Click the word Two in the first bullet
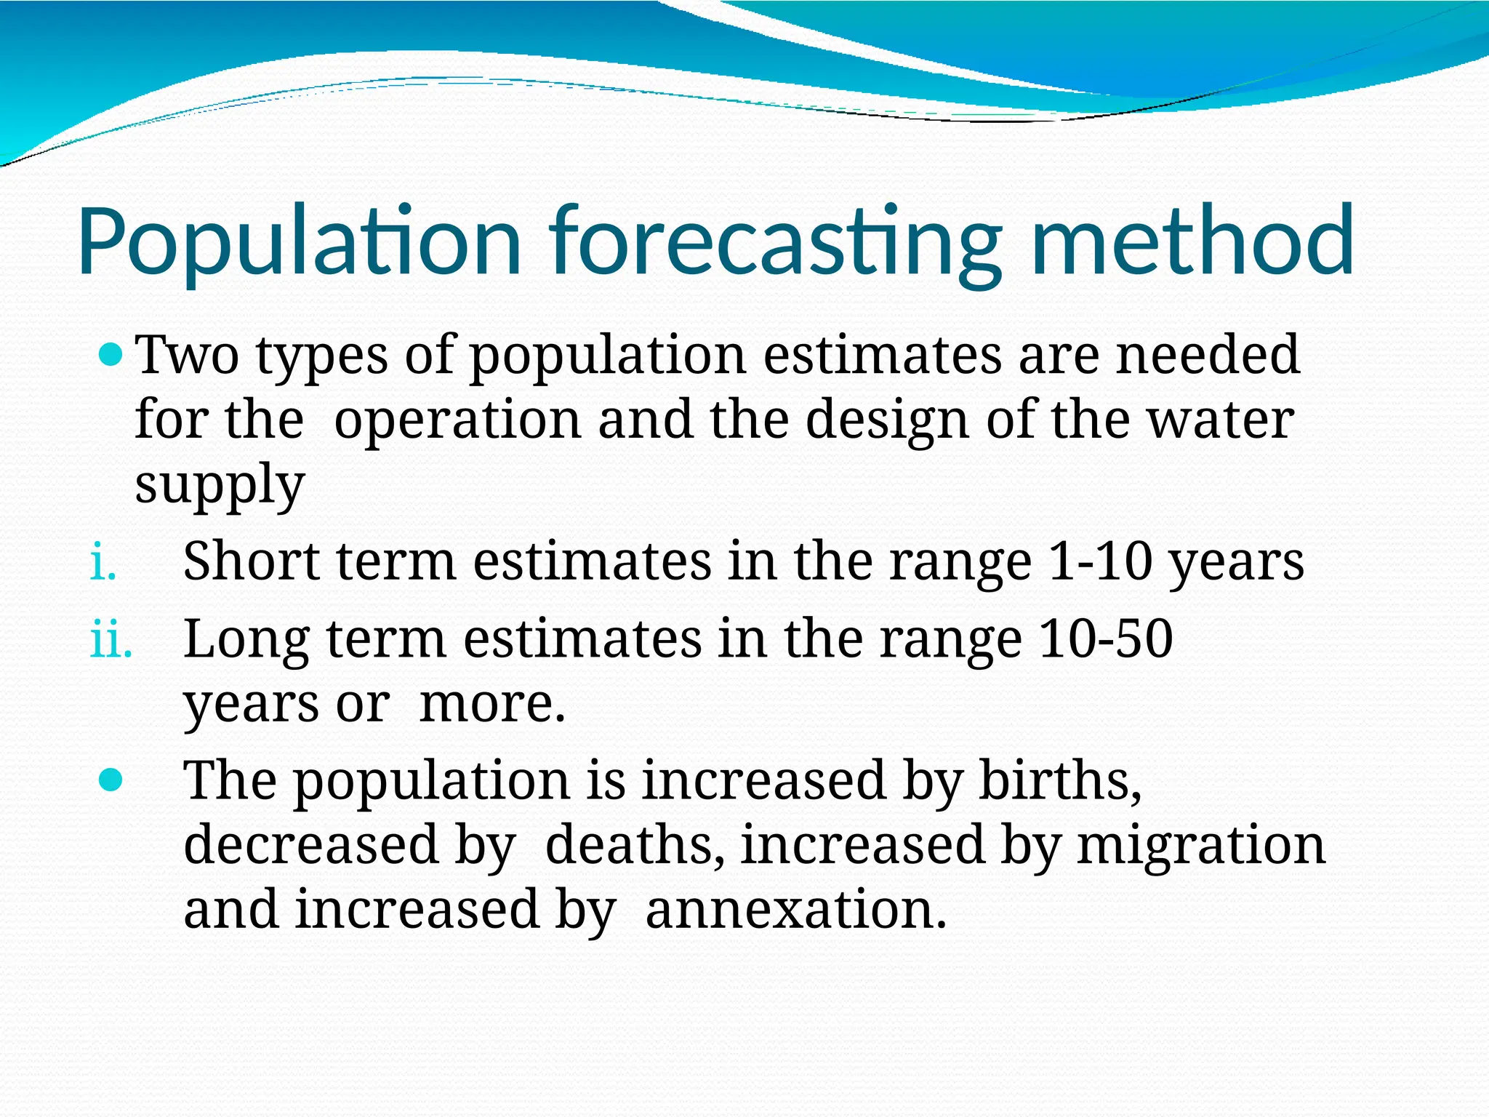pos(188,356)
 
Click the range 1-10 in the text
pos(1100,562)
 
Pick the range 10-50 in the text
pos(1105,639)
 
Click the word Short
pos(251,562)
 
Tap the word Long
pos(246,639)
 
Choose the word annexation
pos(796,910)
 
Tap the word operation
pos(457,420)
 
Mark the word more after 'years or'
pos(492,704)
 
